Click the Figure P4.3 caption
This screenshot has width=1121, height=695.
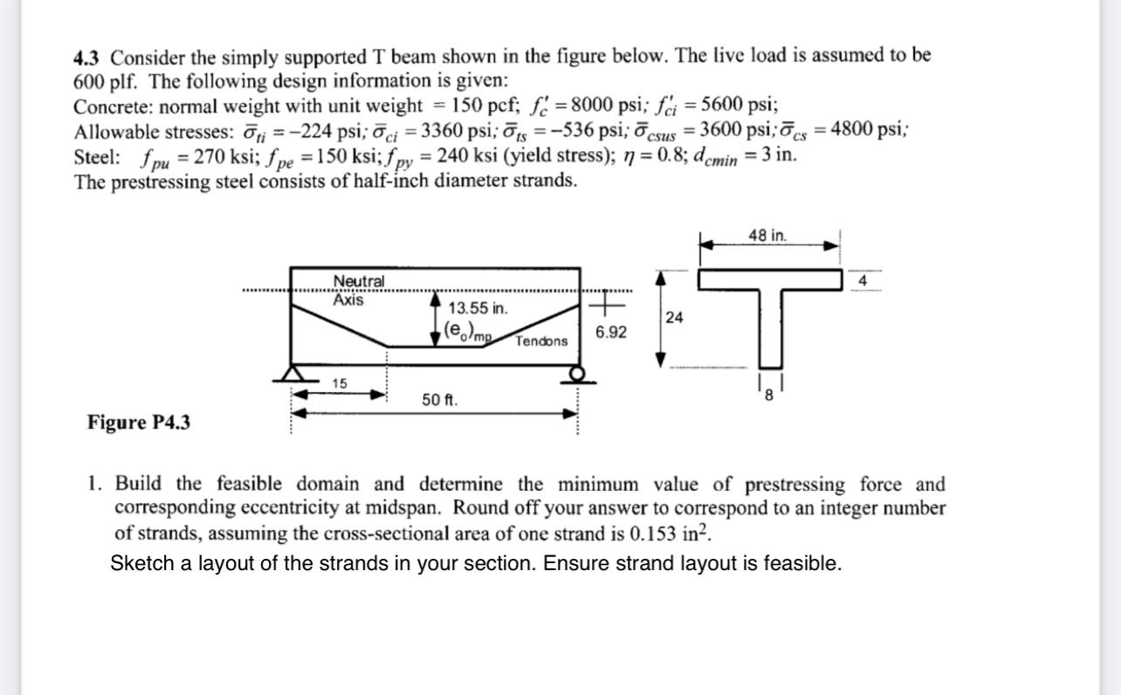click(x=138, y=423)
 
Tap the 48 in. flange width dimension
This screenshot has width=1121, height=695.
click(x=767, y=235)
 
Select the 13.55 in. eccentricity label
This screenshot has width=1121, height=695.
click(x=478, y=308)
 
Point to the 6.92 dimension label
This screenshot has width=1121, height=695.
click(x=610, y=333)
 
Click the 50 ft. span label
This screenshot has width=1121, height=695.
click(x=439, y=400)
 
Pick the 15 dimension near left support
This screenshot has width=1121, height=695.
click(x=340, y=383)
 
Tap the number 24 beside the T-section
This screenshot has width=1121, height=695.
click(x=674, y=318)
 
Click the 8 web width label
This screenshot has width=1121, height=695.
click(x=769, y=394)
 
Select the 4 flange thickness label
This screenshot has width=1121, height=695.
click(x=862, y=281)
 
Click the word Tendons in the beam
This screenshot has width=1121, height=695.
click(x=540, y=341)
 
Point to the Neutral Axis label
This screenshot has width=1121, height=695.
click(x=358, y=290)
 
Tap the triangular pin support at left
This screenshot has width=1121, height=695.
click(x=292, y=373)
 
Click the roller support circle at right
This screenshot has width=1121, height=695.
click(x=577, y=374)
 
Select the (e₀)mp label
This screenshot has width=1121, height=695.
click(x=468, y=331)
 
